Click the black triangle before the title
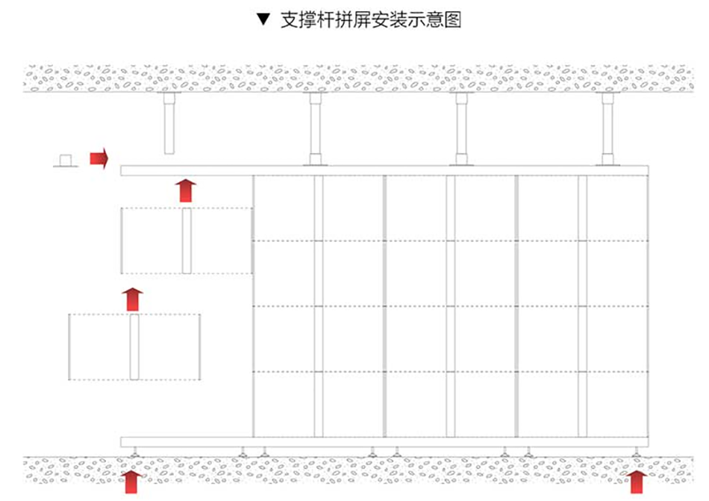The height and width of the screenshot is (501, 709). [261, 20]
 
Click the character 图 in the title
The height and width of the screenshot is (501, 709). [452, 20]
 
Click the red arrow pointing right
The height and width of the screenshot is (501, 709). [99, 158]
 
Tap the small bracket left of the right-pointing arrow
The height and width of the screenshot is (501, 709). [66, 161]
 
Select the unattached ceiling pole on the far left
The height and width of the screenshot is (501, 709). [169, 124]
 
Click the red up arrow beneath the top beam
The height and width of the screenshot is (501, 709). [186, 190]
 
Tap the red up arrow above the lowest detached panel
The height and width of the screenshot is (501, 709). [133, 299]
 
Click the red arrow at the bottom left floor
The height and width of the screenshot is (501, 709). [132, 481]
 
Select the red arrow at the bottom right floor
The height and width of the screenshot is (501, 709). [637, 481]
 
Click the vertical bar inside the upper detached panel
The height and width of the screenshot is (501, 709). [187, 240]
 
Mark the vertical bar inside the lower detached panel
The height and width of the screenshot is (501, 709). [134, 346]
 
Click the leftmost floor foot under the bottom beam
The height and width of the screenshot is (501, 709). [134, 452]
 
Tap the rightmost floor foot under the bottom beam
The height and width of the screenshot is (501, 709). [636, 452]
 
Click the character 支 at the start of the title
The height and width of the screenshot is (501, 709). [288, 20]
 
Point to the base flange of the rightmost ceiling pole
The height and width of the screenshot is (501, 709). [608, 161]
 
